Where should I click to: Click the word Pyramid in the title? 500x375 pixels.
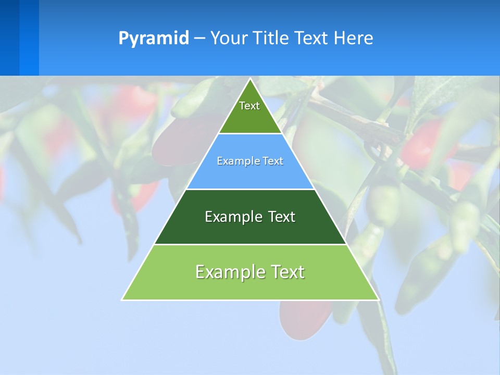click(153, 39)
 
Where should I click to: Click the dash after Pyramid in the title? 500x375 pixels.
click(199, 39)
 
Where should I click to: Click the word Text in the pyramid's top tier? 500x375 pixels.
click(249, 106)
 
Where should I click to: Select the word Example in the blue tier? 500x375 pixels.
click(234, 161)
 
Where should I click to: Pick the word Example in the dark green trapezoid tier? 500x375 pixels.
click(232, 217)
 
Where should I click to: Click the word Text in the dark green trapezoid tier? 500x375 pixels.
click(281, 217)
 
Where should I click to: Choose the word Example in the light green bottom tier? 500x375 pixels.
click(228, 272)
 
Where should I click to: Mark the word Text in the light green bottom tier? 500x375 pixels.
click(287, 272)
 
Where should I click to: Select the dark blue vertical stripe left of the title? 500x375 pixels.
click(9, 37)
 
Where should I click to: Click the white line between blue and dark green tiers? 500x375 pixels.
click(250, 189)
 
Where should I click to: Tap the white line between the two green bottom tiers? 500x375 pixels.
click(250, 244)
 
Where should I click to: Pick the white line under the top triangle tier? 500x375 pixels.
click(250, 133)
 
